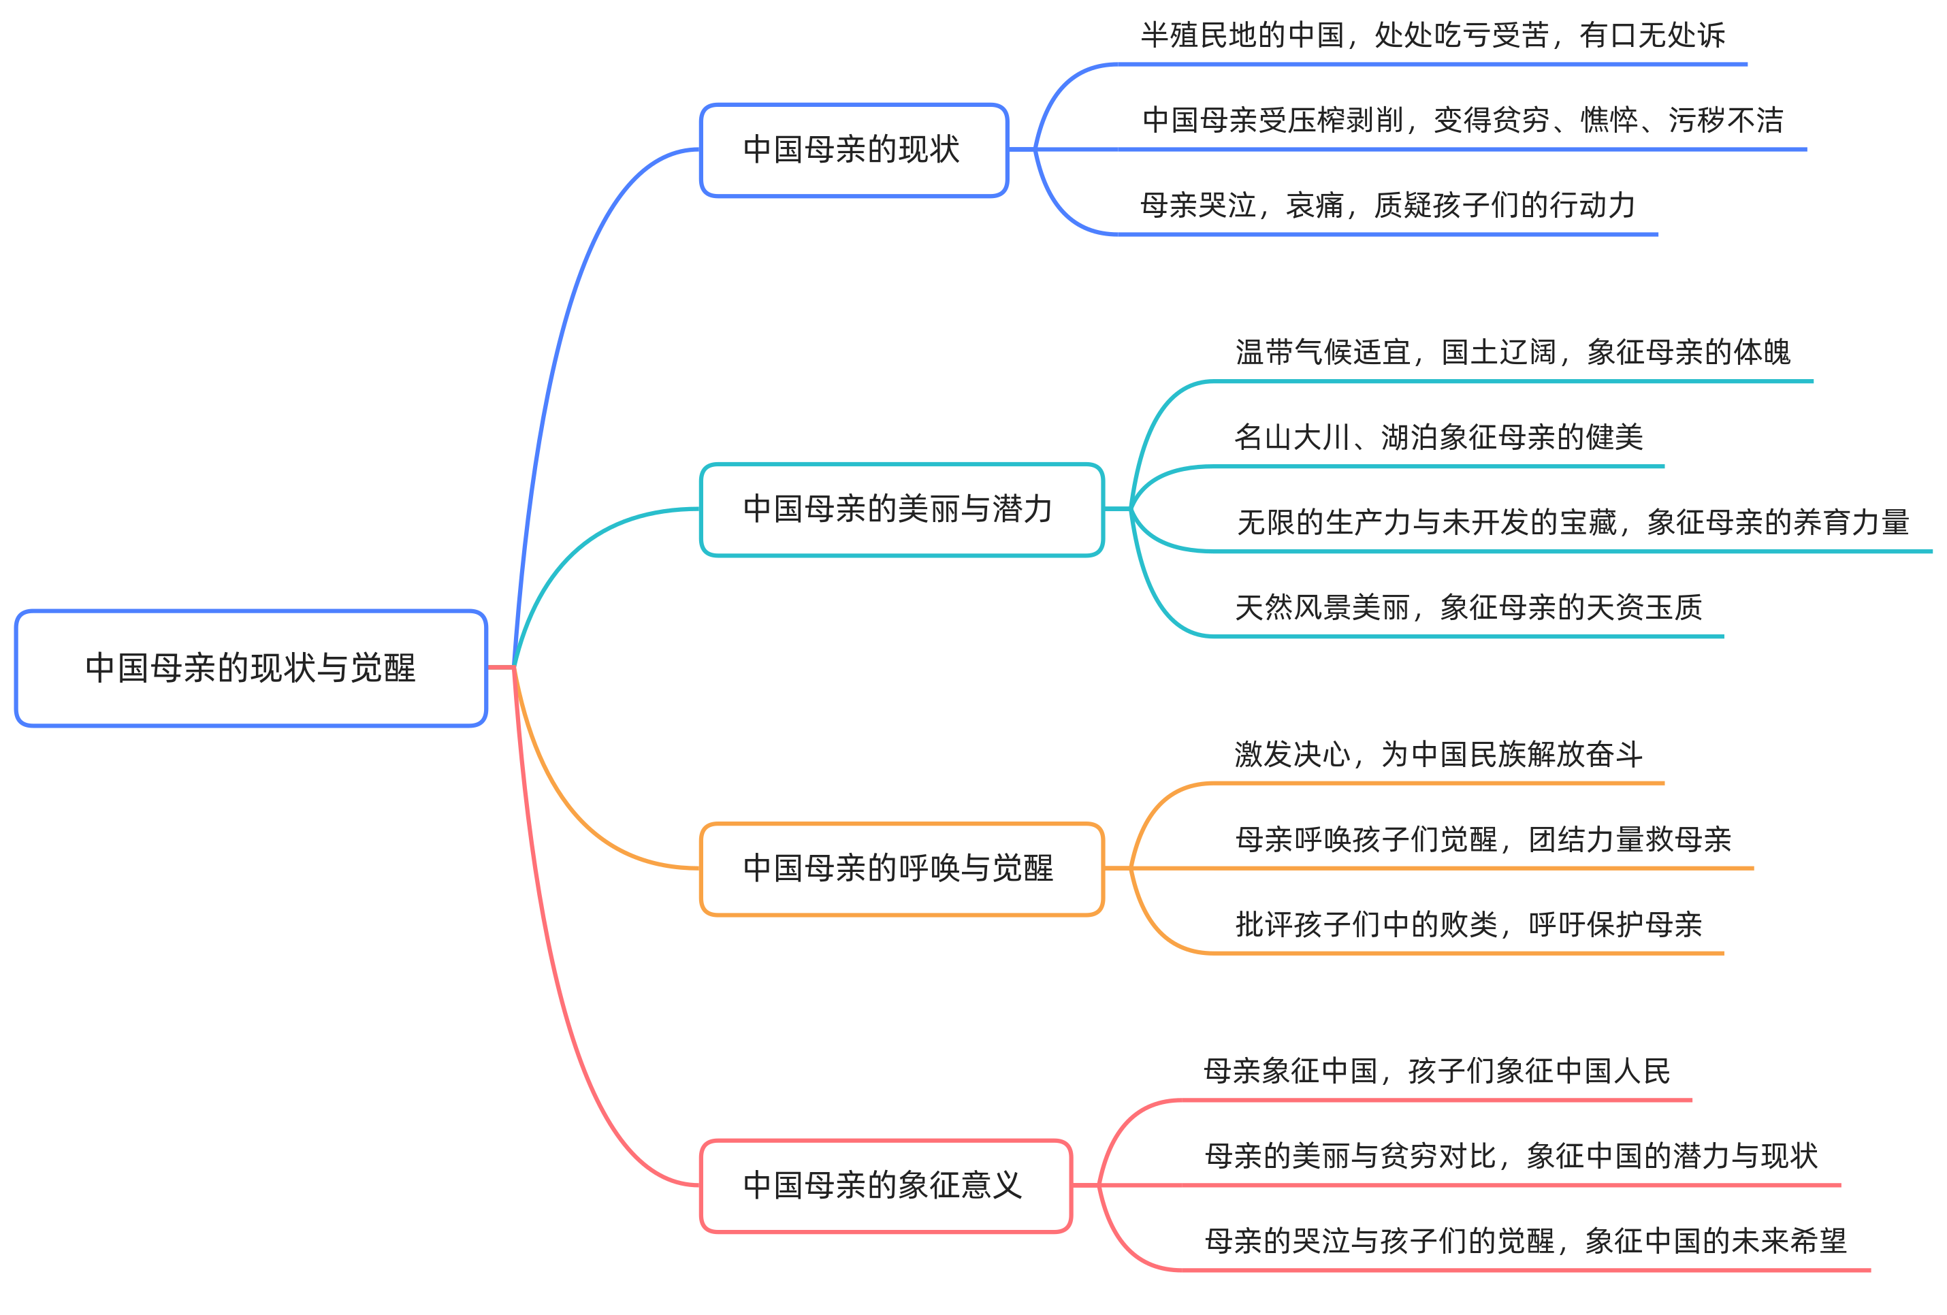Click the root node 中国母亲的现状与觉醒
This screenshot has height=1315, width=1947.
click(x=251, y=668)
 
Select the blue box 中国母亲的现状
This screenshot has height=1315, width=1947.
click(x=853, y=150)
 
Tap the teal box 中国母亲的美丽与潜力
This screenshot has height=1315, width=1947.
click(x=901, y=509)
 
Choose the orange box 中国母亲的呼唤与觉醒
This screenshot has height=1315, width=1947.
click(x=901, y=868)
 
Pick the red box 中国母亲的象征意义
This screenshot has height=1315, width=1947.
click(x=885, y=1185)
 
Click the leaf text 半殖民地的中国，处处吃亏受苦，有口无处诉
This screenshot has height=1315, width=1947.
click(x=1432, y=36)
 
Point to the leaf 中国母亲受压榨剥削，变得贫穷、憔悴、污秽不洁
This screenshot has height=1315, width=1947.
click(x=1462, y=120)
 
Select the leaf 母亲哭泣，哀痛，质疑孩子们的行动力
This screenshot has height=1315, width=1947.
click(x=1387, y=205)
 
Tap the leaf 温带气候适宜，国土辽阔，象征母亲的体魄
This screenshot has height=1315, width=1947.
click(x=1512, y=353)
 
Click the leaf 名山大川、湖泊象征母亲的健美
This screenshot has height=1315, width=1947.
click(x=1438, y=437)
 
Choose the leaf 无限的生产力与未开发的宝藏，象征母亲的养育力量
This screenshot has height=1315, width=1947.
click(x=1572, y=523)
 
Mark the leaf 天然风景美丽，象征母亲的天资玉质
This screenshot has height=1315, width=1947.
click(x=1468, y=607)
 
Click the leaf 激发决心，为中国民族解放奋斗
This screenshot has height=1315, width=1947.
click(x=1438, y=755)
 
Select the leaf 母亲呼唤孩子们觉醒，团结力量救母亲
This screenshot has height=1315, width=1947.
click(x=1483, y=839)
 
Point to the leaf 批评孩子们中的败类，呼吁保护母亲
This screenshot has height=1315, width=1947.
click(x=1468, y=925)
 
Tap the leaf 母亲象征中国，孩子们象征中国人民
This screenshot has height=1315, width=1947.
click(x=1436, y=1071)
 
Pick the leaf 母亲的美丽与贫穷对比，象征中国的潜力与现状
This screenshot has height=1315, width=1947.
click(x=1511, y=1156)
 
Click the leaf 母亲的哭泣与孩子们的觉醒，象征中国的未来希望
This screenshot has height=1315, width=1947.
click(x=1525, y=1241)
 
